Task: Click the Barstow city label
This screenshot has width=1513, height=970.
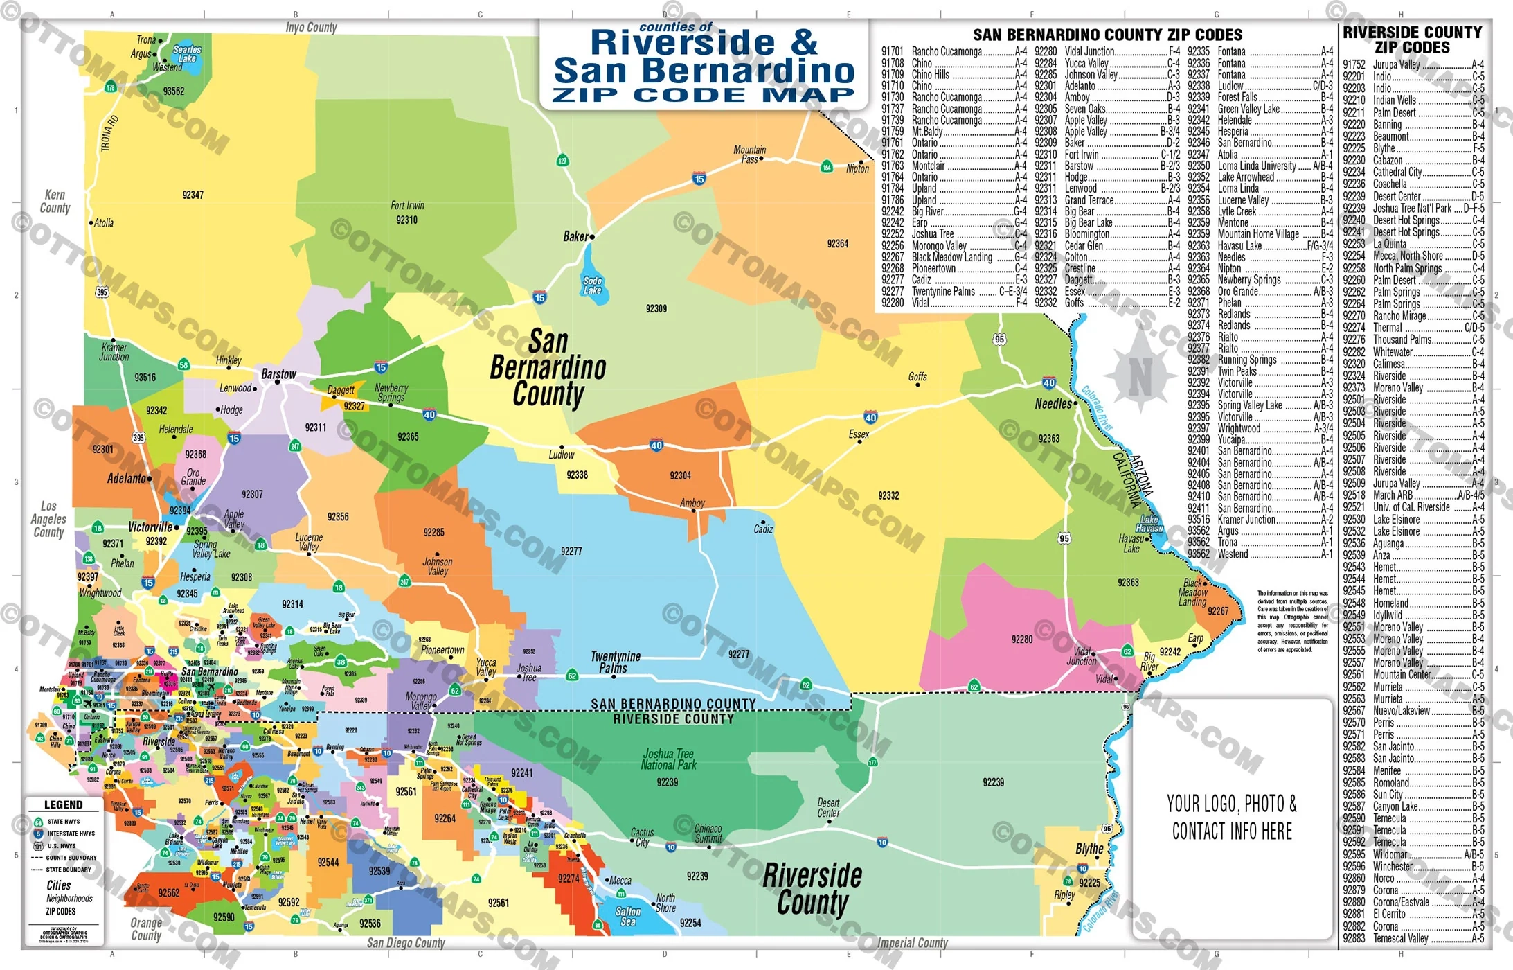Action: pyautogui.click(x=278, y=374)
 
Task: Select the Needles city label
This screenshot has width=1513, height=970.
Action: pyautogui.click(x=1053, y=404)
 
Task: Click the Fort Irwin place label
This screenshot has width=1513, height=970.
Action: pyautogui.click(x=407, y=206)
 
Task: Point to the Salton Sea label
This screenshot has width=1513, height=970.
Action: pyautogui.click(x=628, y=916)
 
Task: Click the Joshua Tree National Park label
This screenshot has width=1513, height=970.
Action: pyautogui.click(x=668, y=759)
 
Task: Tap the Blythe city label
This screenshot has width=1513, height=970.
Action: pyautogui.click(x=1089, y=849)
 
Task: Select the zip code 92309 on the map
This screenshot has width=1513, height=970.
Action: pyautogui.click(x=656, y=308)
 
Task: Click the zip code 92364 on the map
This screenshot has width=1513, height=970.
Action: pyautogui.click(x=837, y=244)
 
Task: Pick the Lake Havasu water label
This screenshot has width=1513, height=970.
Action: pyautogui.click(x=1149, y=524)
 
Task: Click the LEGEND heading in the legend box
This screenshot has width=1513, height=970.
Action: pyautogui.click(x=63, y=805)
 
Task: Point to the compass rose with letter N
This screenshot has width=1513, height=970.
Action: pyautogui.click(x=1140, y=376)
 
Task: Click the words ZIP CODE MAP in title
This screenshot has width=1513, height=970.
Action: pyautogui.click(x=703, y=95)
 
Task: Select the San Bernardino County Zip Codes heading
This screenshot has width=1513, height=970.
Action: pyautogui.click(x=1107, y=35)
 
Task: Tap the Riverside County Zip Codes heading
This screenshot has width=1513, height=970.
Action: pyautogui.click(x=1412, y=39)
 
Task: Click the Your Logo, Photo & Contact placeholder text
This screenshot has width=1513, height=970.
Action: pyautogui.click(x=1232, y=817)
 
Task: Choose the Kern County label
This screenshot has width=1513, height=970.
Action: pyautogui.click(x=55, y=202)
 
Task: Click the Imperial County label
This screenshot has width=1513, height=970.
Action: pyautogui.click(x=912, y=943)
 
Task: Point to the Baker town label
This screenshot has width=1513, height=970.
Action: pyautogui.click(x=575, y=237)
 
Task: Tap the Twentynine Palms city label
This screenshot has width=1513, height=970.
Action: pyautogui.click(x=615, y=662)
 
